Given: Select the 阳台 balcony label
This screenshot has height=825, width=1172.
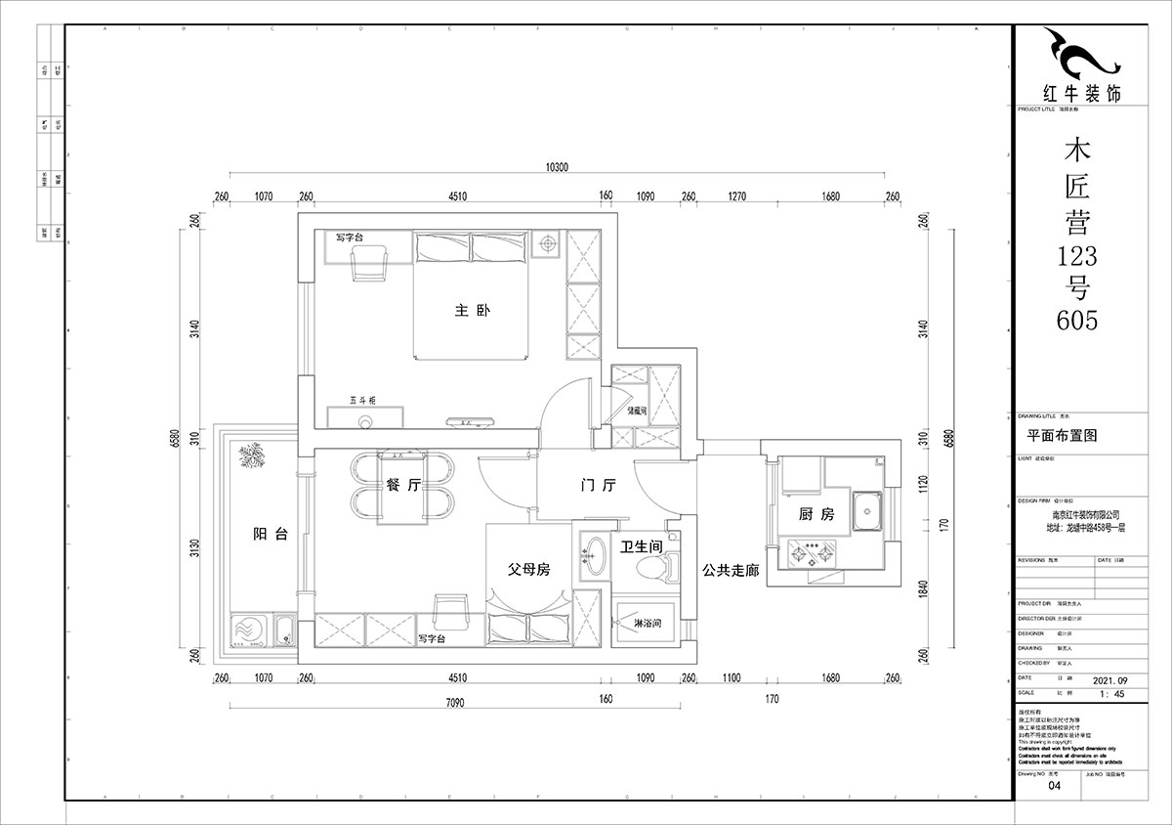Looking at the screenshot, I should [x=270, y=534].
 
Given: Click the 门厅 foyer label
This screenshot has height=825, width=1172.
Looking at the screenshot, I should [x=597, y=486].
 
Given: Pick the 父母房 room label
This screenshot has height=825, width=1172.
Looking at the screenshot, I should [x=527, y=569].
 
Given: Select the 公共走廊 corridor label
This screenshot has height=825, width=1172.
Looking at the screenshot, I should [x=730, y=570].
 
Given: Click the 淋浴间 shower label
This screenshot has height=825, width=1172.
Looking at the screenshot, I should [x=649, y=623].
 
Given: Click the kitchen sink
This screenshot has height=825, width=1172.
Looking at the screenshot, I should [x=865, y=510].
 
